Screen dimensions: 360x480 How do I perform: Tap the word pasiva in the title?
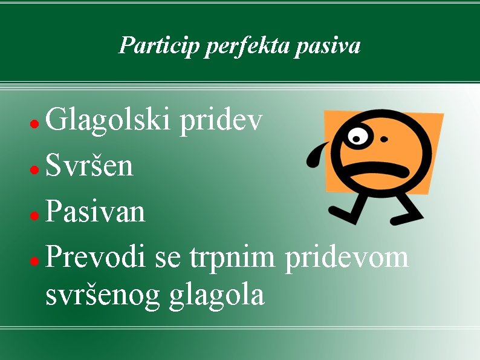pos(328,45)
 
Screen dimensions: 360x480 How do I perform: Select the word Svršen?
pos(89,166)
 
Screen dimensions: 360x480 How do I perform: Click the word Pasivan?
pos(95,211)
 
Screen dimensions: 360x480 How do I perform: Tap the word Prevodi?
pos(96,257)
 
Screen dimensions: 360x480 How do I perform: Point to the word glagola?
pos(218,295)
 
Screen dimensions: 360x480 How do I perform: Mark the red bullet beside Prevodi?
pos(35,260)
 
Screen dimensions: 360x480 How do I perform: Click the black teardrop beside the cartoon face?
pos(315,155)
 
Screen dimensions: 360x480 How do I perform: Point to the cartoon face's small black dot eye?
pos(384,139)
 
